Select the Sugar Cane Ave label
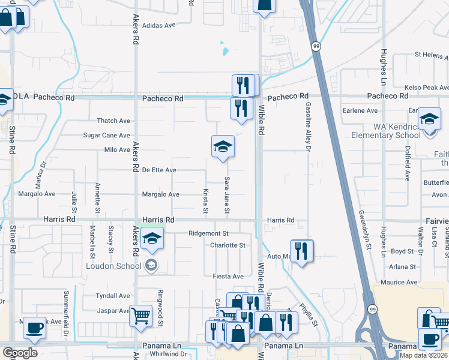[106, 136]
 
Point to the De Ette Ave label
[159, 170]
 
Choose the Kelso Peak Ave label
[427, 88]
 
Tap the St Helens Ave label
[432, 55]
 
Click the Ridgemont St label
[209, 233]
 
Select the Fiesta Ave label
[229, 276]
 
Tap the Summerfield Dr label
[67, 313]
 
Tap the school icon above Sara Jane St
[222, 146]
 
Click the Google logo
[20, 353]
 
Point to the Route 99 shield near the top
[315, 46]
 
